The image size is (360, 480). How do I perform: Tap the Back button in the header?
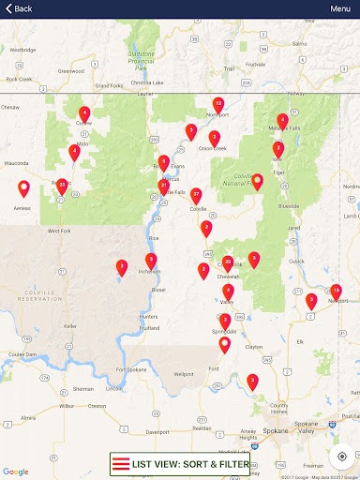(17, 8)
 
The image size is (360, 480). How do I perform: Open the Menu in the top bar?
(340, 8)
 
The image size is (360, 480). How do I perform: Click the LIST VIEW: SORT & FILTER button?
(180, 464)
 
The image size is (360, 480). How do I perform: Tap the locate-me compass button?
(341, 457)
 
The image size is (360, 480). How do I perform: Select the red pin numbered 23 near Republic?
(62, 186)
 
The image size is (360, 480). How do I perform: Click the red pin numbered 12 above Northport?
(218, 104)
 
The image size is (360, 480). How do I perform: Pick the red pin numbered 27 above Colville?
(196, 195)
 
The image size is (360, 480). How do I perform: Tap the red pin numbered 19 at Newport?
(336, 291)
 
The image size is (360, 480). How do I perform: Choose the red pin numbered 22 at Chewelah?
(228, 262)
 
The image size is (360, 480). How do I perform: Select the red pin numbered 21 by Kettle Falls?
(164, 187)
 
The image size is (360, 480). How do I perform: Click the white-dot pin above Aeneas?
(24, 187)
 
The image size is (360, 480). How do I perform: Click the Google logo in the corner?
(16, 472)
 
